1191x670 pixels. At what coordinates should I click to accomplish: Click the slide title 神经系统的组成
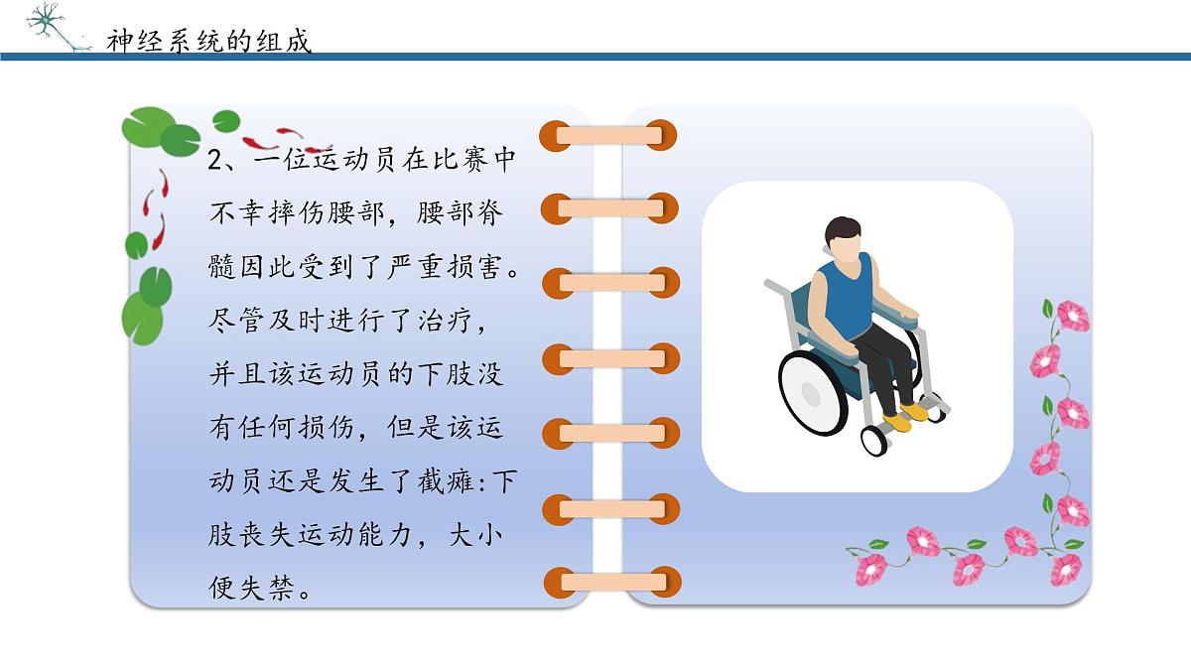coord(209,41)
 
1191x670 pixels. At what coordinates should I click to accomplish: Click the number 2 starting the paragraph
coord(217,161)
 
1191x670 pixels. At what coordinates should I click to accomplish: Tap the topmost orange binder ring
coord(609,134)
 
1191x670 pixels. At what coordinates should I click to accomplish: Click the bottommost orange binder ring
coord(609,582)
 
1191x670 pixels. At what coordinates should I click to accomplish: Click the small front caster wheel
coord(874,440)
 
